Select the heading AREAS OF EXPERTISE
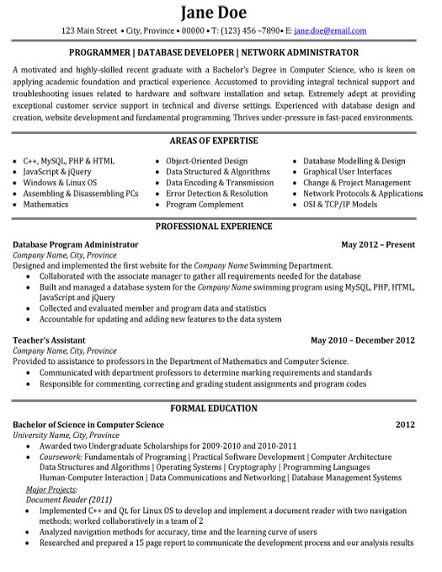[x=221, y=140]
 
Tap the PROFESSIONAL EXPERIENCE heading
[x=221, y=227]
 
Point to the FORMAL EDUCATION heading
[x=221, y=408]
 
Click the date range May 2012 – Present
[x=378, y=244]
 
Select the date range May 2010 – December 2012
[x=363, y=340]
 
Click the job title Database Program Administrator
[x=76, y=244]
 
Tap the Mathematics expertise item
[x=45, y=204]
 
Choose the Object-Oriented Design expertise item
[x=206, y=160]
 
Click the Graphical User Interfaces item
[x=349, y=171]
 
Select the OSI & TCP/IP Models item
[x=340, y=204]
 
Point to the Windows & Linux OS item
[x=60, y=182]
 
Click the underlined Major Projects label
[x=51, y=489]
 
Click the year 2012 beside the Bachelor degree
[x=405, y=425]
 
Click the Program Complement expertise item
[x=205, y=204]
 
